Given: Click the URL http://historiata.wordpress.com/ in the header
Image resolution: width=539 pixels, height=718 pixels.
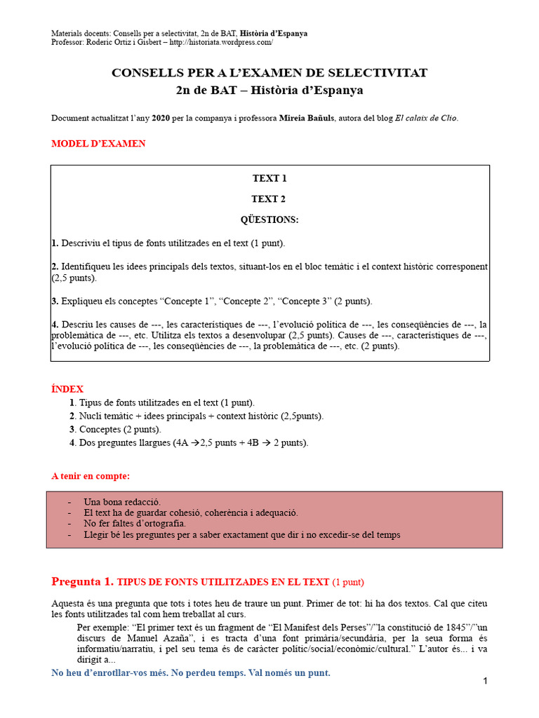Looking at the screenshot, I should point(220,43).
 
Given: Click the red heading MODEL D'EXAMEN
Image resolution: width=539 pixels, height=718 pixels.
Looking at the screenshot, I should point(98,144).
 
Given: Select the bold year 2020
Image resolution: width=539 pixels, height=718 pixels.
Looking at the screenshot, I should point(161,118).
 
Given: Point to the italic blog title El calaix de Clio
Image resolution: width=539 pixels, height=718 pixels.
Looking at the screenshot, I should point(425,118).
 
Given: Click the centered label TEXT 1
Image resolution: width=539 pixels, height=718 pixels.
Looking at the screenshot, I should point(269,178).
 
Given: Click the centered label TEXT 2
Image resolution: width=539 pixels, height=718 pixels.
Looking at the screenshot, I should point(269,199).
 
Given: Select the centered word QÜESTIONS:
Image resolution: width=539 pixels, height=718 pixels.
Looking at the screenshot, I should point(269,220).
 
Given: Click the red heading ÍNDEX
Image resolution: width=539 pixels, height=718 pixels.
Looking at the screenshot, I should point(67,389).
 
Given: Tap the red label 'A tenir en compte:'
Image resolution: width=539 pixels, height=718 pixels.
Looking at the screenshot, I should point(91,477).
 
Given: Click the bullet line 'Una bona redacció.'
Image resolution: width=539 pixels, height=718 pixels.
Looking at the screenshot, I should point(122,502).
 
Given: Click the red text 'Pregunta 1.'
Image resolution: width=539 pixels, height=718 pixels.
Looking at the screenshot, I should point(82,581).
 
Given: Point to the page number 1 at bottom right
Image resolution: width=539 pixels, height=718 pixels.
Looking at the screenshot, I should point(485,681).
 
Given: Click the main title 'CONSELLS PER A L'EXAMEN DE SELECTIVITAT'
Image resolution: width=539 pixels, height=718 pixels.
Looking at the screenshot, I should point(269,73).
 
